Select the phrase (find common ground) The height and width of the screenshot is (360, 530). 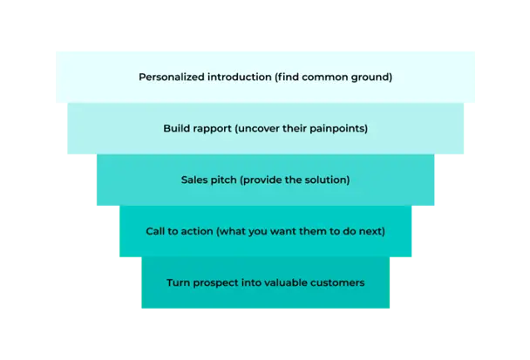pyautogui.click(x=333, y=77)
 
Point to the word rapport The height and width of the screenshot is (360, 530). pyautogui.click(x=212, y=128)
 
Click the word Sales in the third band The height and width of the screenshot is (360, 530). pyautogui.click(x=194, y=180)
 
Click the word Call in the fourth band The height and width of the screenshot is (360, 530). pyautogui.click(x=156, y=231)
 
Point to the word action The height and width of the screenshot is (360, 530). pyautogui.click(x=197, y=231)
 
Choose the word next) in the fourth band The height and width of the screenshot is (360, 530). pyautogui.click(x=371, y=231)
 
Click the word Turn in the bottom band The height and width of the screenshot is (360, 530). pyautogui.click(x=178, y=282)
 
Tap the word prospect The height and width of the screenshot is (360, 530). pyautogui.click(x=218, y=282)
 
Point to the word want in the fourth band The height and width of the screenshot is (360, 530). pyautogui.click(x=275, y=231)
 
